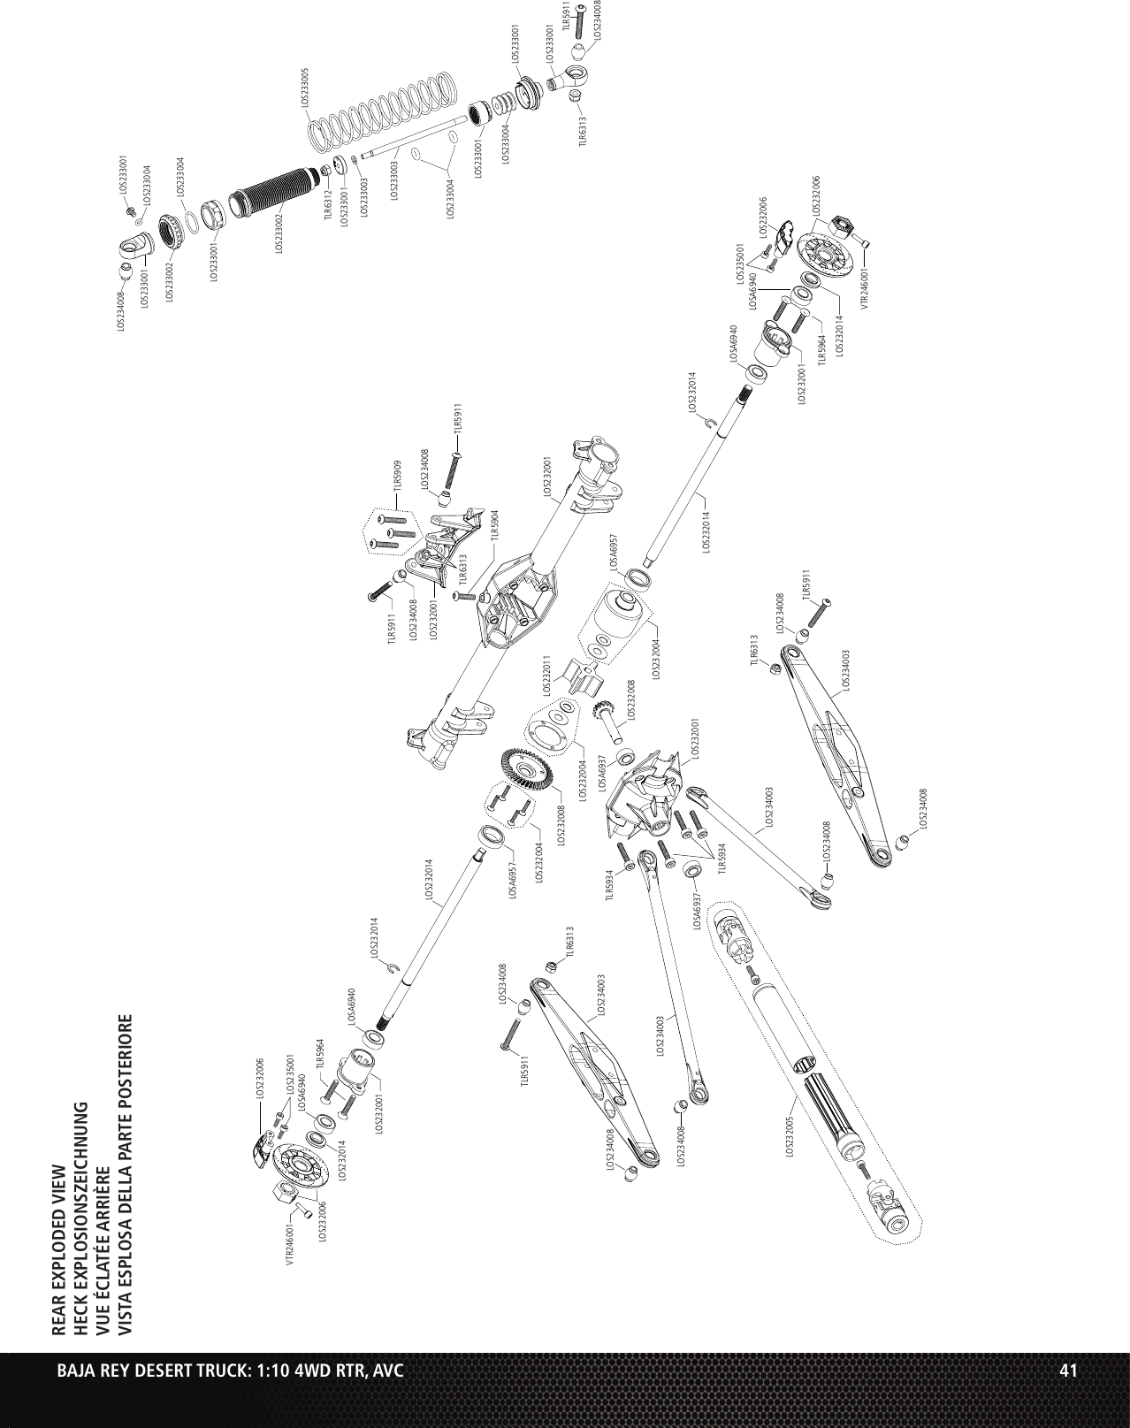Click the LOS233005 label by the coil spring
[x=305, y=88]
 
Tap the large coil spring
[x=385, y=111]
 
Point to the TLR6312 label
[x=328, y=204]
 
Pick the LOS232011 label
[x=546, y=676]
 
